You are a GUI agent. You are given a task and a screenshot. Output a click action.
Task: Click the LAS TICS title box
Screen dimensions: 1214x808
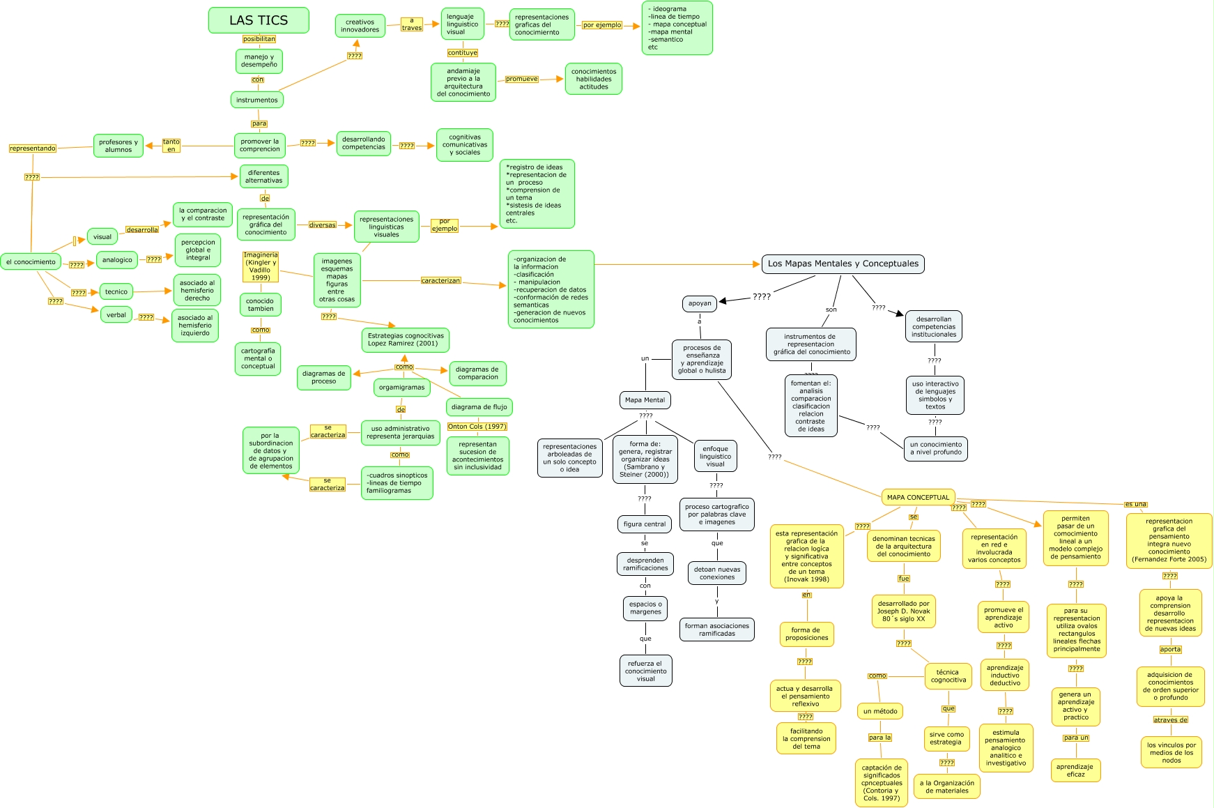[259, 20]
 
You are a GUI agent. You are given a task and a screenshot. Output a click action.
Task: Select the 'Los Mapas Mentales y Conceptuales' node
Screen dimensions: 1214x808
[843, 264]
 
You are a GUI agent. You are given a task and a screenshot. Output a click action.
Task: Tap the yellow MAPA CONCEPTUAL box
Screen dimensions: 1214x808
[918, 497]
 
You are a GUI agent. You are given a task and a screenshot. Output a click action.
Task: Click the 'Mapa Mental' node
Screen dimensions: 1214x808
[645, 400]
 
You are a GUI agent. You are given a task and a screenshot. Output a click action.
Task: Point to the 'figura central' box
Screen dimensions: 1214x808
[645, 524]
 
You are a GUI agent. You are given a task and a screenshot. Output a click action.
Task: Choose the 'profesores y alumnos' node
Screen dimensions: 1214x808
[118, 146]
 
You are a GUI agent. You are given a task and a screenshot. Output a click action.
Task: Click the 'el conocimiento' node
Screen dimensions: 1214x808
[31, 262]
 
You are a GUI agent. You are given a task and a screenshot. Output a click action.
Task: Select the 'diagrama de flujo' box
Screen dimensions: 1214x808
[479, 406]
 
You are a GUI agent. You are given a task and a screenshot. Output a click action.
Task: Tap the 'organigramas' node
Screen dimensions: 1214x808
[401, 387]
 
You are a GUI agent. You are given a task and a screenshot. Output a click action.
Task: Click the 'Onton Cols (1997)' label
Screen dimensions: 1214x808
[477, 426]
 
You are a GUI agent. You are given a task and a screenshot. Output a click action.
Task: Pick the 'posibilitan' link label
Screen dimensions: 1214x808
[259, 39]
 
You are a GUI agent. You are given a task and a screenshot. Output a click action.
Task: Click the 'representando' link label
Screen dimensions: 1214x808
[33, 148]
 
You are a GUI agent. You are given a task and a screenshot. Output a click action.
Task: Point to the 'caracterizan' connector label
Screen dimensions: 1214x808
[440, 280]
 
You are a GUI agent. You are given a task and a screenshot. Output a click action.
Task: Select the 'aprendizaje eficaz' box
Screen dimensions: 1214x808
[1075, 770]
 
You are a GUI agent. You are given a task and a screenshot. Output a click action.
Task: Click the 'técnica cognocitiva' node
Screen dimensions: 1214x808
[948, 676]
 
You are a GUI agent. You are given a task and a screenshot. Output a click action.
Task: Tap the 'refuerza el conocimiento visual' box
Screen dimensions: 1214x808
[645, 671]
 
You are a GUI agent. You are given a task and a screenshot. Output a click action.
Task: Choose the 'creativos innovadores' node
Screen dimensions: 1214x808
[360, 26]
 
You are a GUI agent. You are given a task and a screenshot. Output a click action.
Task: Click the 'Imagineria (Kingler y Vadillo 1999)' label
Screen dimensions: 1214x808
[261, 266]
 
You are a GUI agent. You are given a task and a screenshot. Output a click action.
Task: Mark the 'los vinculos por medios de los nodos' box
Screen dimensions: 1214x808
[1171, 753]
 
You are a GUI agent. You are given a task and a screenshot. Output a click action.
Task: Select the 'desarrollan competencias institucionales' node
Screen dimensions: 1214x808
[934, 327]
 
